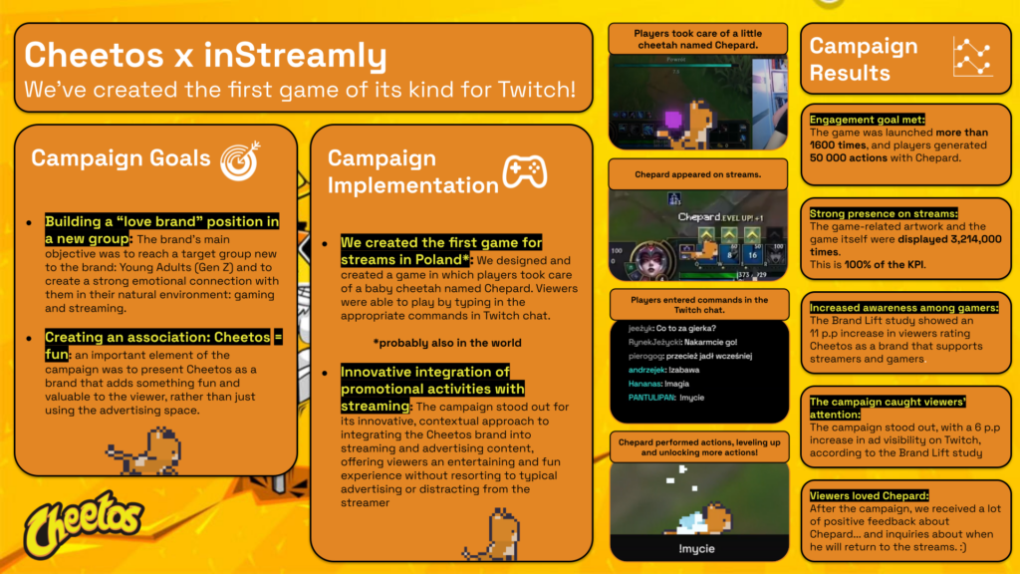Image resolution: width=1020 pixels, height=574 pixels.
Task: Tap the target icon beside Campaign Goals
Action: pyautogui.click(x=241, y=157)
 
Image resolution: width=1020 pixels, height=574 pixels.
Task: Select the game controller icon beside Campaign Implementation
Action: pyautogui.click(x=522, y=172)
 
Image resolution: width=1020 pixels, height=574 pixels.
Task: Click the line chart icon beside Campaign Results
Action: pyautogui.click(x=970, y=58)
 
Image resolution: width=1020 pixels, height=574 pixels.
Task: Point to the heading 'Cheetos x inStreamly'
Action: pyautogui.click(x=204, y=56)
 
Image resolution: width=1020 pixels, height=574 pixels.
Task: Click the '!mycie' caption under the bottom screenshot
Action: pyautogui.click(x=696, y=548)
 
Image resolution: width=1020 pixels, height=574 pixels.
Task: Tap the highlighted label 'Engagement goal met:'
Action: pyautogui.click(x=868, y=120)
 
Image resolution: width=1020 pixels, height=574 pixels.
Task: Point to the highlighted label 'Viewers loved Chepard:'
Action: pyautogui.click(x=869, y=494)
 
